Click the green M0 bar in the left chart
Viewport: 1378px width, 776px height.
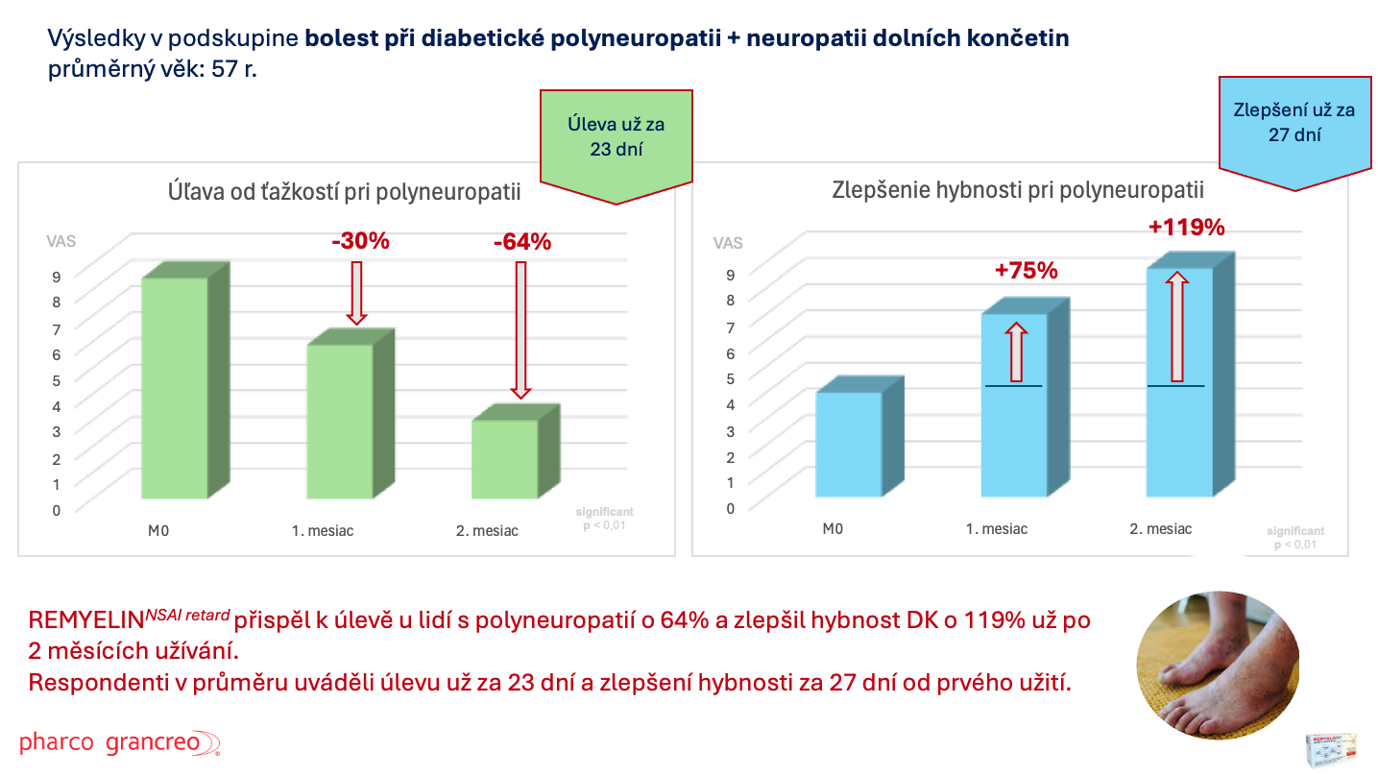coord(175,388)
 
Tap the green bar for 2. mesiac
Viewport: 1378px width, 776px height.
coord(505,458)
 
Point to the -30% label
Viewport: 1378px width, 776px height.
coord(360,241)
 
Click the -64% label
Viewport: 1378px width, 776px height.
coord(522,241)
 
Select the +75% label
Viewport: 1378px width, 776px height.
coord(1027,271)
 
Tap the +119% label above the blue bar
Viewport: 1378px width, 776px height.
coord(1187,228)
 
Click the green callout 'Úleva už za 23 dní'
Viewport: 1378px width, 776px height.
coord(616,137)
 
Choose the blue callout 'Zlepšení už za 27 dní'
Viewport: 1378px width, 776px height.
coord(1293,122)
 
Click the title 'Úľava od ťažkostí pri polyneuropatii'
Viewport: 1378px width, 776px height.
coord(345,192)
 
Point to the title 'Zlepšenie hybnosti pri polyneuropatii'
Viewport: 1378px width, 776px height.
coord(1017,190)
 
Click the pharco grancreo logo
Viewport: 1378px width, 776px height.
coord(120,743)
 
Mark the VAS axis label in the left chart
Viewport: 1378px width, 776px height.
coord(61,242)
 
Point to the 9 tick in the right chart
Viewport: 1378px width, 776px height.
coord(731,274)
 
